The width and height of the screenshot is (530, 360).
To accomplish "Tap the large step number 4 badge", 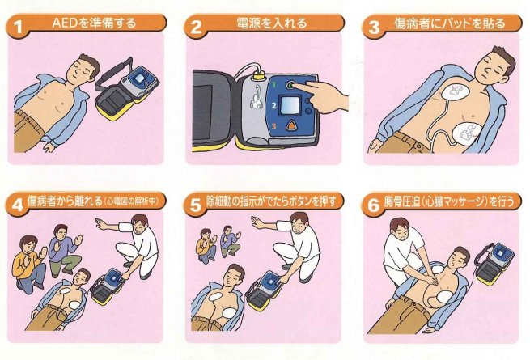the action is pos(17,205).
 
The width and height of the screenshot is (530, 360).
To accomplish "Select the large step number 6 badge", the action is pos(373,205).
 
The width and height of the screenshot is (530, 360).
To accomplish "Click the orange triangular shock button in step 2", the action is pos(291,126).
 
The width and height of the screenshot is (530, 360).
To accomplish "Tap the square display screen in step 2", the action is pos(290,105).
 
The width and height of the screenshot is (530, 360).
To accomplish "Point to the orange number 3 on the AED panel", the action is pos(273,126).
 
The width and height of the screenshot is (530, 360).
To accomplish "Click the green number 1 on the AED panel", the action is pos(274,84).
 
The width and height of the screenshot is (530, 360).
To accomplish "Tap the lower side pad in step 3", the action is pos(469,133).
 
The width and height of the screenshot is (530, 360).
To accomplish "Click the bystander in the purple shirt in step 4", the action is pos(65,249).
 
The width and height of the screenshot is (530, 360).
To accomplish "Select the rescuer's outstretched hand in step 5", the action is pos(260,222).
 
